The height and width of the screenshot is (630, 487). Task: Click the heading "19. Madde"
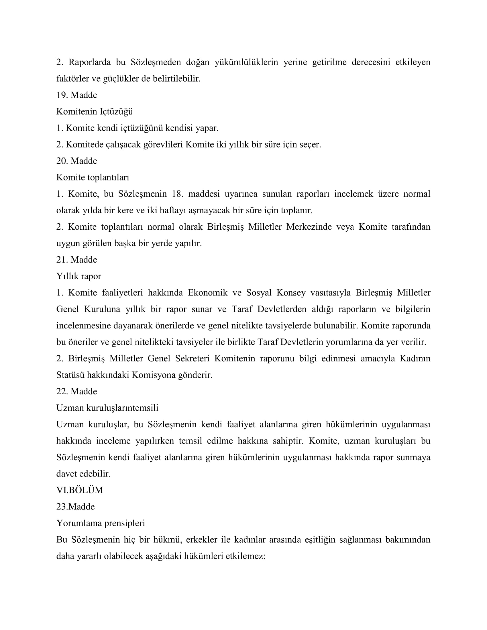pos(76,95)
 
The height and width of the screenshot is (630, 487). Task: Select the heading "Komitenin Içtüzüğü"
pos(94,111)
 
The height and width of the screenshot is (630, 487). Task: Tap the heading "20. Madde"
pos(76,161)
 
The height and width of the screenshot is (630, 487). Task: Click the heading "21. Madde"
pos(76,260)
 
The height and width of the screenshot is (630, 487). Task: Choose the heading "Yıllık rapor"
pos(78,276)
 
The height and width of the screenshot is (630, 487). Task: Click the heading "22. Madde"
pos(76,391)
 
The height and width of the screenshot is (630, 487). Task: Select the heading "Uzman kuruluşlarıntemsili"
pos(107,407)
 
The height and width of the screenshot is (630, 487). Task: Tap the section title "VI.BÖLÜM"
pos(79,490)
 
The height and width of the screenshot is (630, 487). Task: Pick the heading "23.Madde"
pos(75,507)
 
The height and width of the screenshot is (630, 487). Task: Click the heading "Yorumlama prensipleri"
pos(100,523)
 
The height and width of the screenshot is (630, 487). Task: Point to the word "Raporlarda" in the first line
pos(89,62)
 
